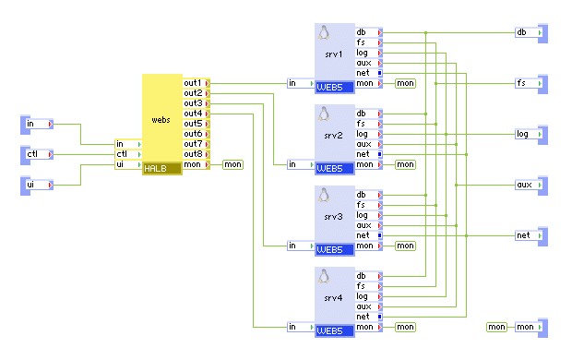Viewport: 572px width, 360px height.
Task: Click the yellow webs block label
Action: (161, 120)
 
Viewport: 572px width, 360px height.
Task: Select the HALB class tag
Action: (154, 168)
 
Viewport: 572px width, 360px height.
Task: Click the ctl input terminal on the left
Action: (36, 154)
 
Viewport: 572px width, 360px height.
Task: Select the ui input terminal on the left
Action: (36, 185)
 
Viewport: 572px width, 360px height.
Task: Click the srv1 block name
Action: (334, 54)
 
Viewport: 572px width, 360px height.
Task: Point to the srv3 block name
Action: (334, 216)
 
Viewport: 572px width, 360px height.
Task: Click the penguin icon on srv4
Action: (324, 276)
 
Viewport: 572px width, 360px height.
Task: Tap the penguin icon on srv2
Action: (324, 114)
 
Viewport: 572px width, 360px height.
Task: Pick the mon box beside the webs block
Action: (232, 164)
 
